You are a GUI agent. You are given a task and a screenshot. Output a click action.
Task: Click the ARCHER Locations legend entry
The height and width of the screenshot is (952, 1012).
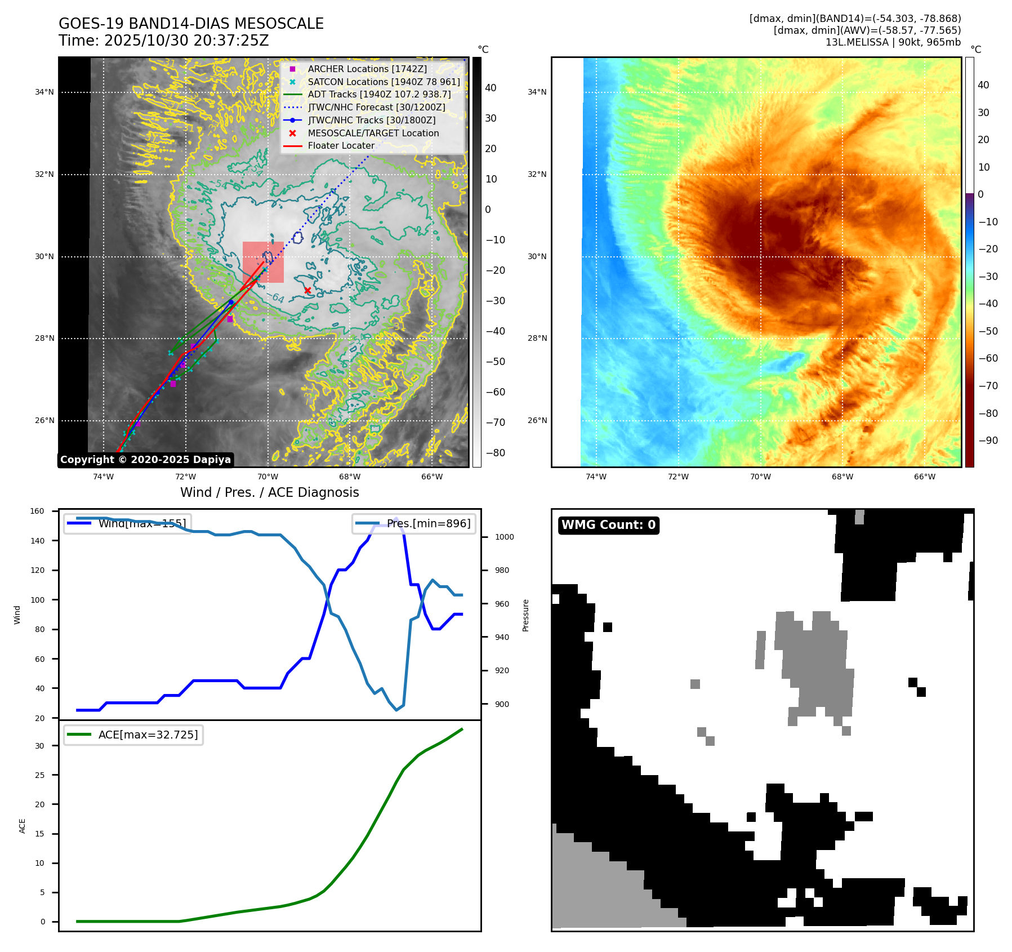pos(367,69)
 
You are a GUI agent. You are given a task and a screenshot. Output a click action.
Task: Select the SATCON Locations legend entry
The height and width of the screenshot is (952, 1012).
pos(384,82)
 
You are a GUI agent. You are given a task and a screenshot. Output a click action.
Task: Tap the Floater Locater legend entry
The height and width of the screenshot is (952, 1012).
pos(341,145)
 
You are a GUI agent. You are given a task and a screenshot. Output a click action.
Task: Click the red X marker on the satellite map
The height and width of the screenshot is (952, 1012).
pos(307,291)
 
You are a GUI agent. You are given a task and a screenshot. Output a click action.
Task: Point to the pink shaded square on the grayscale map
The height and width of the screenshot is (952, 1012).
pos(263,262)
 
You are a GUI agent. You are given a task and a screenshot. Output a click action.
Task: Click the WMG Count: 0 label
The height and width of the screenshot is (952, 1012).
pos(608,525)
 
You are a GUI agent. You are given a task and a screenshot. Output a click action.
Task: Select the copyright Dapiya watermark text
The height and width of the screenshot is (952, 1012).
pos(145,460)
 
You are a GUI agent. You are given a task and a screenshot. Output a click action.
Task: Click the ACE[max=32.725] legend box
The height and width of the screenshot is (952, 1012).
pos(133,735)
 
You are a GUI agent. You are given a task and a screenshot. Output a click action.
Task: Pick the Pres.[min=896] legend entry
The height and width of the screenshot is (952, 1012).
pos(414,523)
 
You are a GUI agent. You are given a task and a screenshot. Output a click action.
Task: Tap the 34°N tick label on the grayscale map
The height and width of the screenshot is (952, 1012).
pos(44,92)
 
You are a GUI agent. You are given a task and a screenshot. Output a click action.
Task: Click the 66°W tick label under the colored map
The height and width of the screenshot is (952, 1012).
pos(924,477)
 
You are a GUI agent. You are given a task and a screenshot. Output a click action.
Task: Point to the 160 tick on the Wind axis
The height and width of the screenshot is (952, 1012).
pos(37,511)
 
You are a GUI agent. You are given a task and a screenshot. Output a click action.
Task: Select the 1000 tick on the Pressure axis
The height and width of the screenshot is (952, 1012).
pos(504,537)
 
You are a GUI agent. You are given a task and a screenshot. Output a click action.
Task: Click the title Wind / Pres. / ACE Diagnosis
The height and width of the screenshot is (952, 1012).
pos(269,492)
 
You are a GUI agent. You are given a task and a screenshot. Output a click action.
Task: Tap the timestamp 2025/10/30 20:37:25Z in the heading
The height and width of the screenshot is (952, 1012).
pos(186,41)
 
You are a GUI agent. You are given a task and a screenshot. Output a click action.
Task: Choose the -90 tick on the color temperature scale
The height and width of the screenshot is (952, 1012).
pos(988,441)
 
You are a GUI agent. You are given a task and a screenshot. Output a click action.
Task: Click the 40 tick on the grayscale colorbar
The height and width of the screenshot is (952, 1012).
pos(491,88)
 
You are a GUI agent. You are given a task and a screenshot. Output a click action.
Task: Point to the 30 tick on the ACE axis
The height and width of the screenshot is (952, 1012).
pos(39,746)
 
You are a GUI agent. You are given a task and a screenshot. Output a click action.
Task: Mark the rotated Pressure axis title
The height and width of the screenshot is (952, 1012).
pos(525,615)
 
